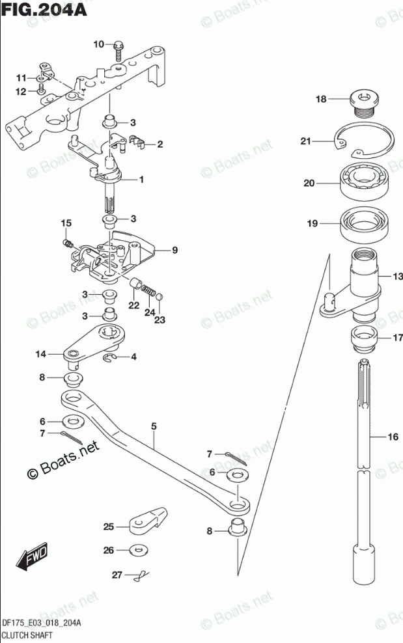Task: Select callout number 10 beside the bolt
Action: (98, 44)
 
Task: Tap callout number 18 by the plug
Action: (320, 100)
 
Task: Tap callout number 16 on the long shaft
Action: (392, 437)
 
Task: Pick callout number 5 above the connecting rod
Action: (154, 426)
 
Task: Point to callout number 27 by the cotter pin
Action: (117, 575)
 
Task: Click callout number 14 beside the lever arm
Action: (41, 354)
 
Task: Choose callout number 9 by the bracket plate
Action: (174, 250)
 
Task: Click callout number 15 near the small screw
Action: (66, 224)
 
